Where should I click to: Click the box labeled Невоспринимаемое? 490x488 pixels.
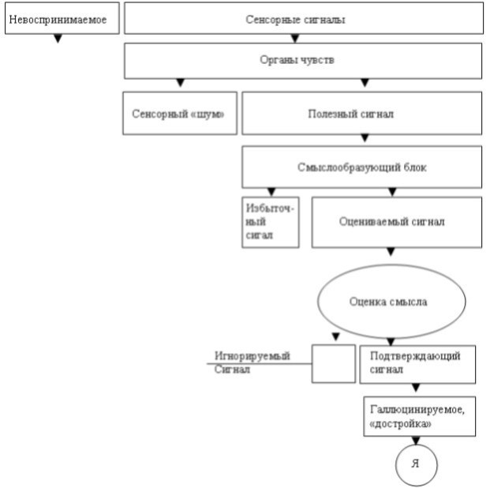coord(62,18)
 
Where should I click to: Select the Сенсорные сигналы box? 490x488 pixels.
coord(304,18)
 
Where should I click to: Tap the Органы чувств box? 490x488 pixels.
coord(303,61)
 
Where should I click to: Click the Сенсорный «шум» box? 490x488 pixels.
coord(180,113)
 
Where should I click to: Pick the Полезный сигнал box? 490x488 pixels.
coord(362,113)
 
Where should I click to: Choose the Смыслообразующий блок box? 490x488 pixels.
coord(362,167)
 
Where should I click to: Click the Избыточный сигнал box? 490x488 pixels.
coord(271,222)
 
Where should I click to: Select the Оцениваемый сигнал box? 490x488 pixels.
coord(397,222)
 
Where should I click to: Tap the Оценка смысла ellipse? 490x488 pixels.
coord(391,302)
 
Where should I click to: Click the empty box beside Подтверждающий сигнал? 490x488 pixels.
coord(334,364)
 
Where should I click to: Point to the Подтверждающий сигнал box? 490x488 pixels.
coord(417,365)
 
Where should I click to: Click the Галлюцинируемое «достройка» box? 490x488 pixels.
coord(419,416)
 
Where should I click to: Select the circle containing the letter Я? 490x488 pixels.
coord(416,465)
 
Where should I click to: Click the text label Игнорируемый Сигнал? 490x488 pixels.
coord(252,362)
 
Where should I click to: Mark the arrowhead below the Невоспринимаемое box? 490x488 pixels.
coord(58,39)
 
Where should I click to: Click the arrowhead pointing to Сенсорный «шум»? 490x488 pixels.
coord(181,83)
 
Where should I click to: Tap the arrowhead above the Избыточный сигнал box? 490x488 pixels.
coord(271,192)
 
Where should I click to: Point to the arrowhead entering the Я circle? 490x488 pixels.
coord(416,441)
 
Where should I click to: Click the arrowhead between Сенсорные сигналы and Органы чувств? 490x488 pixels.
coord(295,39)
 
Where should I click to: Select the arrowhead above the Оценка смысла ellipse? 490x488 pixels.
coord(391,252)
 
